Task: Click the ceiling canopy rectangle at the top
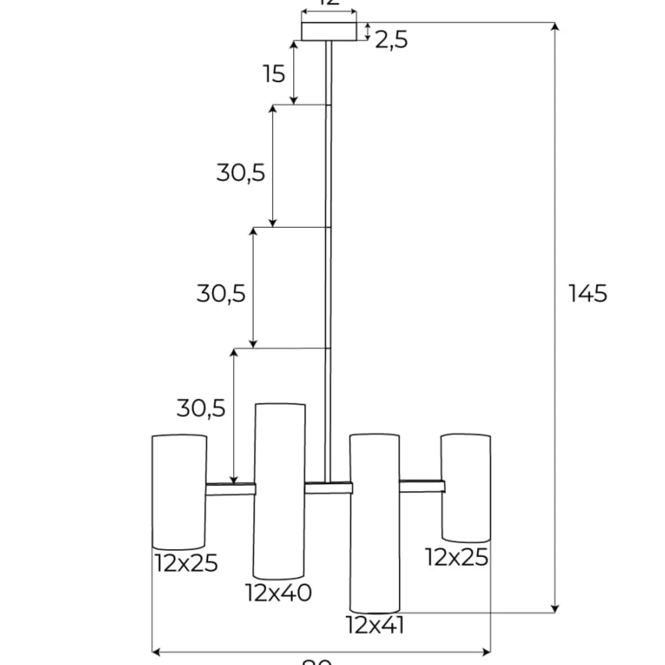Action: click(329, 32)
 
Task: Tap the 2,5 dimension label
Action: click(391, 41)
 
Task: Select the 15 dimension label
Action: click(274, 74)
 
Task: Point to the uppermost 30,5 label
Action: click(241, 173)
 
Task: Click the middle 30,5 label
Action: click(221, 294)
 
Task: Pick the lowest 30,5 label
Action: click(201, 408)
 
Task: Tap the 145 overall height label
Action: click(588, 294)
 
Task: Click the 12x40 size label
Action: click(279, 593)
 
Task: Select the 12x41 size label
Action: click(375, 625)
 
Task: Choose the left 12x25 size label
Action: click(186, 563)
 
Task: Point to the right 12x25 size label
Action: click(457, 557)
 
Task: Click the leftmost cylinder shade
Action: click(179, 491)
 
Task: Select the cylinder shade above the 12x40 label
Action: click(280, 491)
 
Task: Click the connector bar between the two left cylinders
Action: click(231, 489)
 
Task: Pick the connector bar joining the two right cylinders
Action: click(421, 486)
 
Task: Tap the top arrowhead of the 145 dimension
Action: click(556, 27)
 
